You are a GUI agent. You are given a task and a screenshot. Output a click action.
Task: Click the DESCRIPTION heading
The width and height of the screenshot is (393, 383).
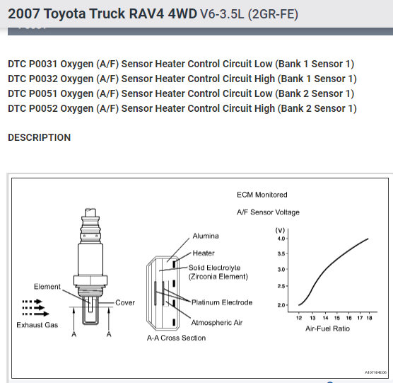(39, 137)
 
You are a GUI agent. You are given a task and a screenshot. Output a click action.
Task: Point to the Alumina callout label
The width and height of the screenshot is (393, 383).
(206, 236)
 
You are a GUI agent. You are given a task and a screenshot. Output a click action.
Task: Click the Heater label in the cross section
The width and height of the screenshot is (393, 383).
(204, 253)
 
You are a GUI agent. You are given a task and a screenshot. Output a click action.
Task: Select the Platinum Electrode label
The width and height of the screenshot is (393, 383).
(222, 302)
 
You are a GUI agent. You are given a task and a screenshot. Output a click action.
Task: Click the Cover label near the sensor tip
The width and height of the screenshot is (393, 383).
(125, 302)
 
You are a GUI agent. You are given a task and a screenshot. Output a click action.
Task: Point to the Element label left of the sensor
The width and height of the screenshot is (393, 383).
(47, 287)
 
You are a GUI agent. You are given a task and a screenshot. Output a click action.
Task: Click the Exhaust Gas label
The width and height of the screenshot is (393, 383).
(37, 325)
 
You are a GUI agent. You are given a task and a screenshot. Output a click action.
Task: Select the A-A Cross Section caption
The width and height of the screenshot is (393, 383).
(176, 338)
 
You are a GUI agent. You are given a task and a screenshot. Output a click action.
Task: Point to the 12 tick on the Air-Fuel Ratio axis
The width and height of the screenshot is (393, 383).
(299, 319)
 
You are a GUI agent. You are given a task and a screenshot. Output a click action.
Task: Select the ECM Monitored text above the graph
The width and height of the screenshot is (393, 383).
(262, 195)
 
